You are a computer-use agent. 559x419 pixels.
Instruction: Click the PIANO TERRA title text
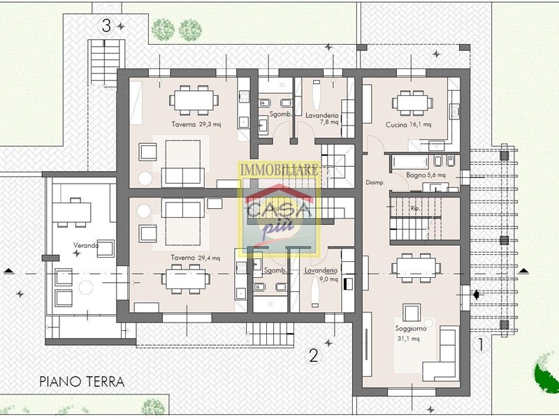click(82, 381)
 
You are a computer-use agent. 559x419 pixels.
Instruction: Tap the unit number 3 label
click(106, 26)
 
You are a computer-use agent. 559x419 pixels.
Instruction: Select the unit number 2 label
click(314, 355)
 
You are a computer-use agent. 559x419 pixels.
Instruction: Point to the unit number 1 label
click(480, 344)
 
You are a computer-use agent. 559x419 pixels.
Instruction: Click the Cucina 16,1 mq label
click(409, 125)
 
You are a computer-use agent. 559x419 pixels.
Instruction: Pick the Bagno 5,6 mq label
click(426, 175)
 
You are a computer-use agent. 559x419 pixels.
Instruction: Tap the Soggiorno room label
click(411, 328)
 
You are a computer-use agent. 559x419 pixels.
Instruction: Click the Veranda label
click(85, 245)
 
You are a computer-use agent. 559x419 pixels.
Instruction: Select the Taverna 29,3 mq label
click(196, 124)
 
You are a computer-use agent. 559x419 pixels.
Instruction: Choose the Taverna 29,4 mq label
click(196, 258)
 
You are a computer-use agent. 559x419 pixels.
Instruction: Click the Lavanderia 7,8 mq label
click(322, 119)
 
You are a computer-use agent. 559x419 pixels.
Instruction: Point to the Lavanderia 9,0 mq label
click(321, 274)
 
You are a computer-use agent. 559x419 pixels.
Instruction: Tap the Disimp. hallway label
click(375, 182)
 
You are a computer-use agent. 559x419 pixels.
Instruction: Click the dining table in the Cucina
click(413, 103)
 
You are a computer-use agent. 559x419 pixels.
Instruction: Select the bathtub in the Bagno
click(410, 163)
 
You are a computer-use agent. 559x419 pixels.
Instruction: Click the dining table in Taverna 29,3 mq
click(194, 100)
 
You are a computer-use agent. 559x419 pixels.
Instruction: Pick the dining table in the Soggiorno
click(416, 268)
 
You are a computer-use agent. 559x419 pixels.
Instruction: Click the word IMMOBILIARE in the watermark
click(279, 170)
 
